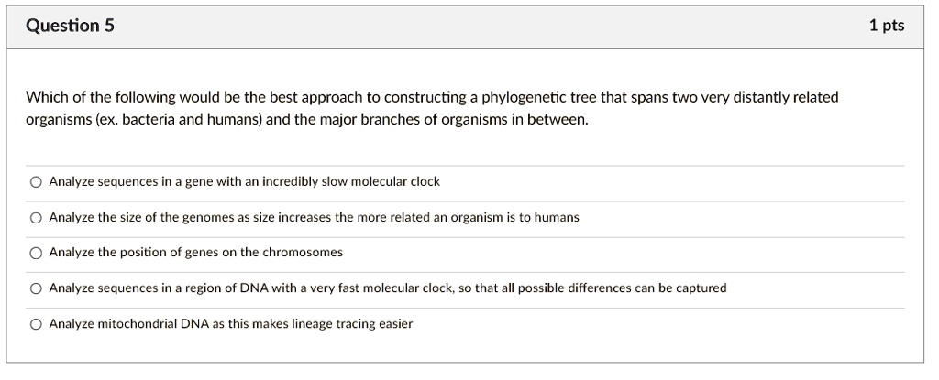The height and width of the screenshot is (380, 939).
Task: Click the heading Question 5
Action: pyautogui.click(x=70, y=26)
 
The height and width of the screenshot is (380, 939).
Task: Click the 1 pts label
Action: pyautogui.click(x=886, y=26)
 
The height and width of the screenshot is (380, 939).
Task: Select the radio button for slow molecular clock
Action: pyautogui.click(x=35, y=182)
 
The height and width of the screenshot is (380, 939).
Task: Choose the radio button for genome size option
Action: pyautogui.click(x=35, y=218)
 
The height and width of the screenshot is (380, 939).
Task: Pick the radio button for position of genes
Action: pyautogui.click(x=35, y=253)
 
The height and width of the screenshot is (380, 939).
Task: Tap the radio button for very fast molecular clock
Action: pyautogui.click(x=35, y=288)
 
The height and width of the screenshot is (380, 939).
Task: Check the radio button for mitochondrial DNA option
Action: pyautogui.click(x=35, y=324)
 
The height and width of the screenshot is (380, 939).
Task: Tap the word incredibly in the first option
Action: pyautogui.click(x=291, y=181)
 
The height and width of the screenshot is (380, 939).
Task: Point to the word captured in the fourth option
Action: pyautogui.click(x=699, y=288)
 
